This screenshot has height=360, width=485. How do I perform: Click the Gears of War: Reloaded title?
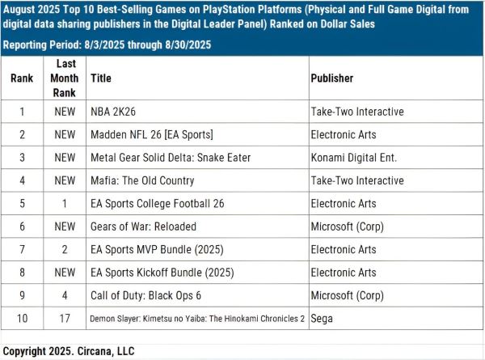tap(144, 227)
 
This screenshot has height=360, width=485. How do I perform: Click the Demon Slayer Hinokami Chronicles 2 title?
tap(197, 319)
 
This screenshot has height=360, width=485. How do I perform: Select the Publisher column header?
tap(331, 78)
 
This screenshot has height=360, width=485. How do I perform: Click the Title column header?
tap(101, 78)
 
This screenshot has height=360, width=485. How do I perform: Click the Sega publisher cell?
tap(321, 319)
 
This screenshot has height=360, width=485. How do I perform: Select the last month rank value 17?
tap(65, 319)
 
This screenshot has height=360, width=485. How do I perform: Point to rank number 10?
tap(22, 319)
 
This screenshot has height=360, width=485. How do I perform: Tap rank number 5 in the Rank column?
tap(22, 203)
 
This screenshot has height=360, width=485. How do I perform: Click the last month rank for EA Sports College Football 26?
tap(65, 203)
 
